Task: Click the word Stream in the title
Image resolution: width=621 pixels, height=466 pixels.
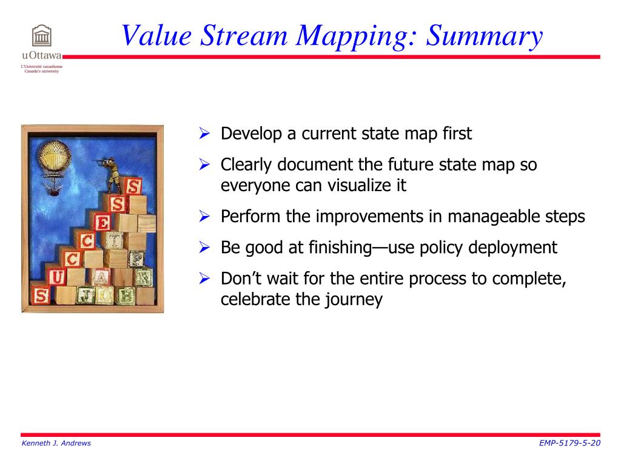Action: coord(244,36)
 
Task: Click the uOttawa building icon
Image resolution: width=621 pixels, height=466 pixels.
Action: coord(42,36)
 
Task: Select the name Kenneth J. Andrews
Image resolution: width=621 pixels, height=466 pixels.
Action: coord(56,443)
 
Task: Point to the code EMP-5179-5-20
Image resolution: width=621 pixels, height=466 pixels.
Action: coord(569,443)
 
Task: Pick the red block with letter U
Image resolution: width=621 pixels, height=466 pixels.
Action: coord(56,277)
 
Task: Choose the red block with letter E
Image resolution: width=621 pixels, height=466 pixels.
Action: coord(102,222)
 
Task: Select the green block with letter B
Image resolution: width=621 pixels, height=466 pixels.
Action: coord(126,295)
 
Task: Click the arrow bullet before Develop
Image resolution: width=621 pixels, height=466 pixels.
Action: coord(204,133)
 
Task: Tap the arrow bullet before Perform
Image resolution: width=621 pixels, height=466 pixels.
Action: coord(204,217)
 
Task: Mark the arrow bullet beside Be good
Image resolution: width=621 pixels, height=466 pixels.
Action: coord(204,248)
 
